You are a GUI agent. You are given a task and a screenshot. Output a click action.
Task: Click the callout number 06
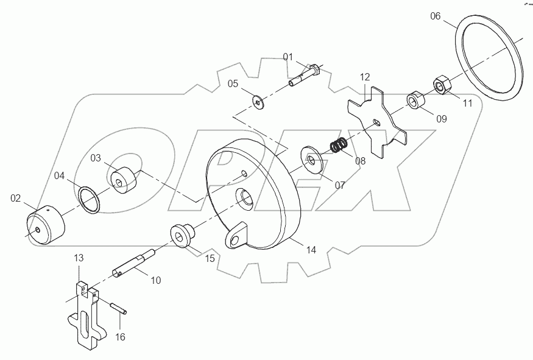coord(435,16)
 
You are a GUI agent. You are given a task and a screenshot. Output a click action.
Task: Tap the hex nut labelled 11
coord(441,84)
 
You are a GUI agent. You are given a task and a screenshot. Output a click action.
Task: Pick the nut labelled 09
coord(415,99)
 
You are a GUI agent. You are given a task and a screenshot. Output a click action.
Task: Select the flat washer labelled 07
coord(312,160)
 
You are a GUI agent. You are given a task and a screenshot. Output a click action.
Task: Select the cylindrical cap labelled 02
coord(44,225)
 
